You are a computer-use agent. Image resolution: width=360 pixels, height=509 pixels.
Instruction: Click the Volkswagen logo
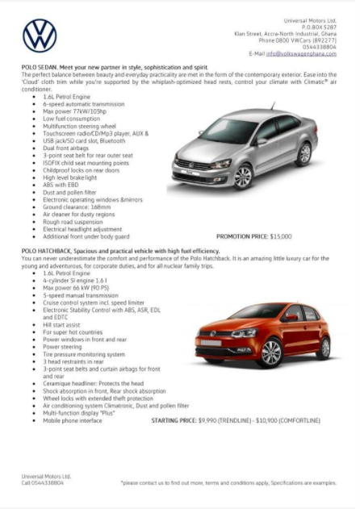click(40, 36)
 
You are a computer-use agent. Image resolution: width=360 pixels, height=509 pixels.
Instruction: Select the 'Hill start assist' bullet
click(61, 323)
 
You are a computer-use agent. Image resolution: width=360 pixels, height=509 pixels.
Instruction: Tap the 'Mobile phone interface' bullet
click(72, 420)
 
